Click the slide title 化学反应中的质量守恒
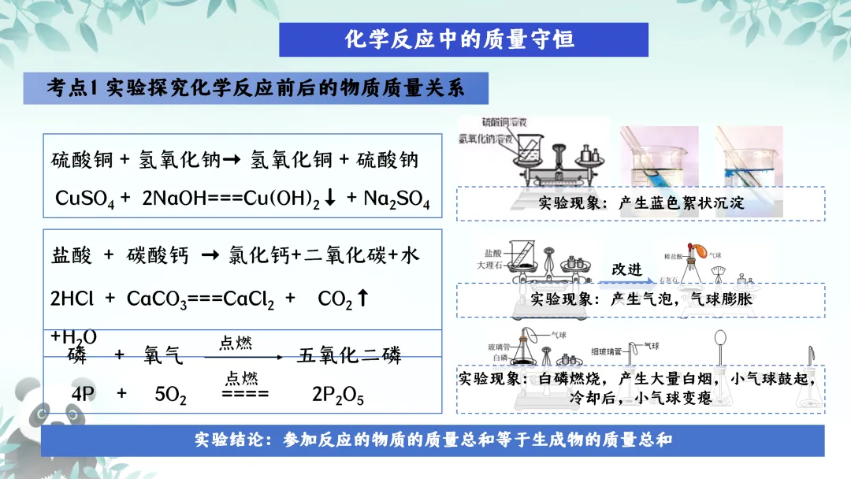[463, 39]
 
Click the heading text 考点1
[72, 88]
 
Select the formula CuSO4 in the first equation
[84, 199]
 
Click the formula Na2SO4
[396, 199]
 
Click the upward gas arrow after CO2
[362, 299]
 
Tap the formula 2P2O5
[338, 395]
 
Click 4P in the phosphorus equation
[83, 395]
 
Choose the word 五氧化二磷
[349, 356]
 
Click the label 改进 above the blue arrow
[627, 269]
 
